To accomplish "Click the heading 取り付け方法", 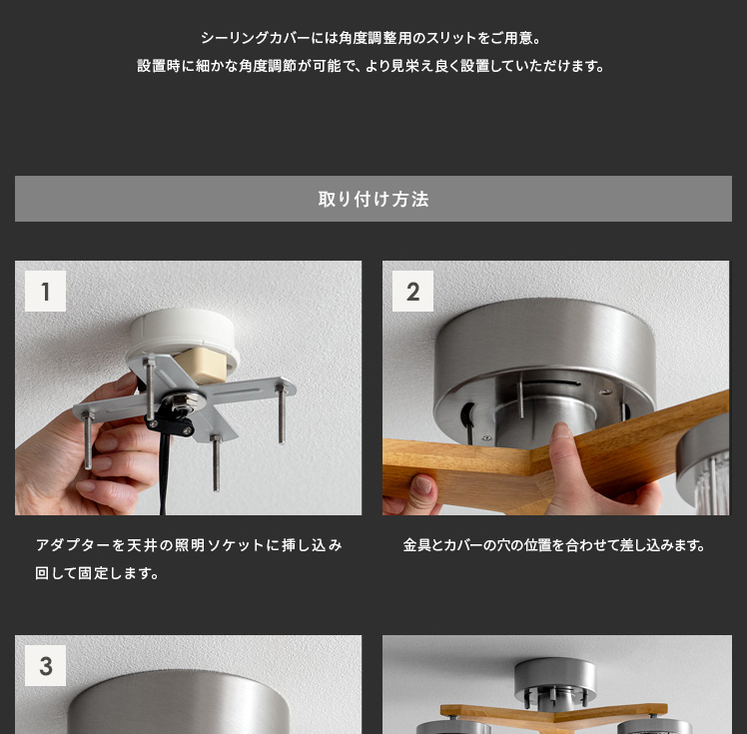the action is click(x=373, y=199).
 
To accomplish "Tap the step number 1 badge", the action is click(x=45, y=291).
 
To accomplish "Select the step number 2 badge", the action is click(x=412, y=291).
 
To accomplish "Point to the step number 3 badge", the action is click(x=45, y=665).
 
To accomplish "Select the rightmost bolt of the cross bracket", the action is click(x=281, y=414).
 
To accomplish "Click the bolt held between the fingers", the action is click(x=88, y=440).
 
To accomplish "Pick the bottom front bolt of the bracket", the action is click(x=216, y=463).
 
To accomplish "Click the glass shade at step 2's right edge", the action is click(x=704, y=464).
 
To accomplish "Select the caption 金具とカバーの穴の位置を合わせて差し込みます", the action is click(x=554, y=545).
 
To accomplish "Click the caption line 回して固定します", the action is click(x=97, y=573).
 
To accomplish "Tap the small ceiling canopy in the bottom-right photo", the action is click(x=555, y=677).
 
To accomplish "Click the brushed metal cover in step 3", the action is click(x=178, y=703).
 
